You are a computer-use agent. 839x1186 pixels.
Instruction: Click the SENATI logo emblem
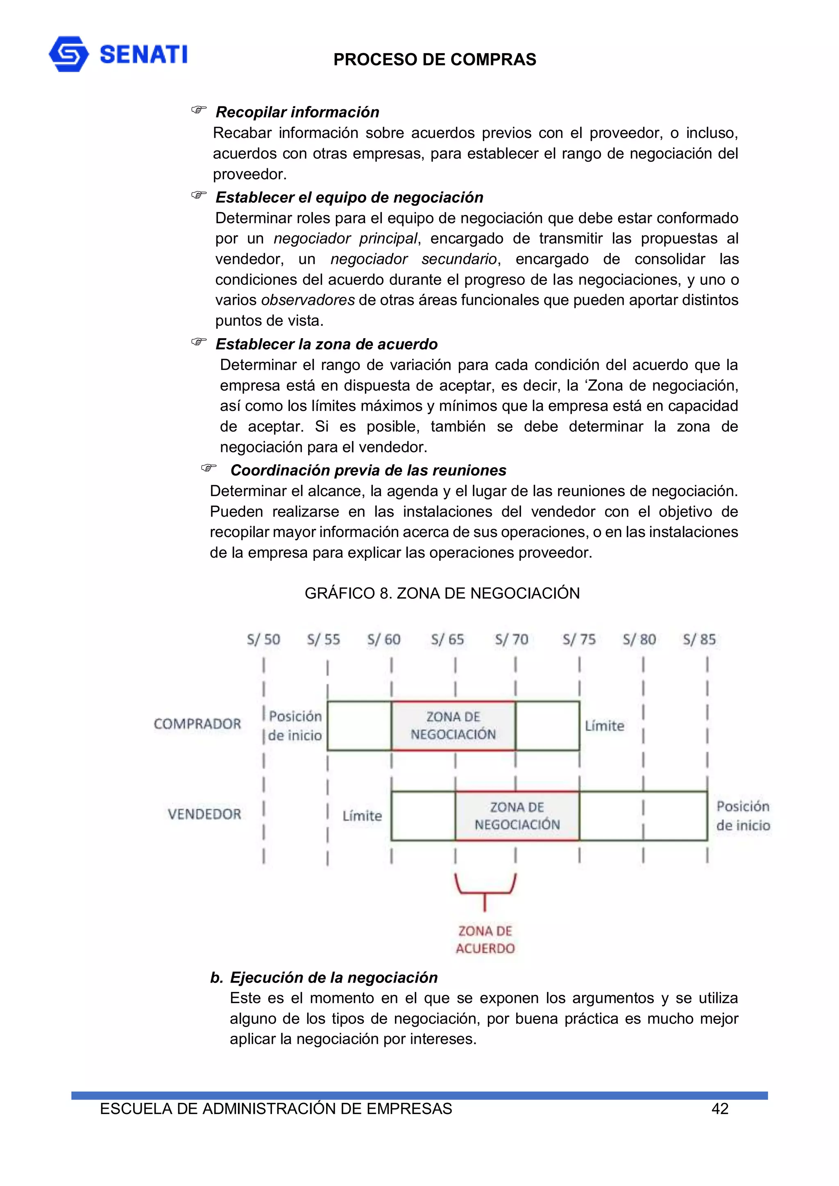tap(68, 54)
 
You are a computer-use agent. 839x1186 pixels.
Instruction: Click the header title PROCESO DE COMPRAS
tap(434, 60)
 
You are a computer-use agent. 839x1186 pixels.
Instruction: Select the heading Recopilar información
tap(297, 112)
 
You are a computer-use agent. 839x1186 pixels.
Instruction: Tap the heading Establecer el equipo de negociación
tap(349, 197)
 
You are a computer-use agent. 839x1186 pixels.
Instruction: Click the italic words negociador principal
tap(345, 239)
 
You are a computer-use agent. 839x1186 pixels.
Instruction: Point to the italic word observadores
tap(308, 300)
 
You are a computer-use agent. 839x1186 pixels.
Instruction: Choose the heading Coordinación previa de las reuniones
tap(368, 470)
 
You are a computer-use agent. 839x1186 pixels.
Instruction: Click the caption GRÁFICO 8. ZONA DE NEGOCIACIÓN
tap(442, 593)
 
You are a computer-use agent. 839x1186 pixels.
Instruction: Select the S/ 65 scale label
tap(448, 639)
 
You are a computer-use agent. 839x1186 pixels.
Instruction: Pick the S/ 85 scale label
tap(699, 639)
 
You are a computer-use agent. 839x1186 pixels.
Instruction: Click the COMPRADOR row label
tap(197, 724)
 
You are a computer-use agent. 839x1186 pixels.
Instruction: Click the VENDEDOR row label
tap(204, 814)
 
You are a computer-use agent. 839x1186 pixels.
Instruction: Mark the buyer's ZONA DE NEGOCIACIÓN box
tap(454, 725)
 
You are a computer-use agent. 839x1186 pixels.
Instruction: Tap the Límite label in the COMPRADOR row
tap(604, 726)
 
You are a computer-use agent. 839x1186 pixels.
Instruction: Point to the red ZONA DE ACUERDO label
tap(485, 940)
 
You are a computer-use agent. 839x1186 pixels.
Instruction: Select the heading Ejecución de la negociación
tap(333, 977)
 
